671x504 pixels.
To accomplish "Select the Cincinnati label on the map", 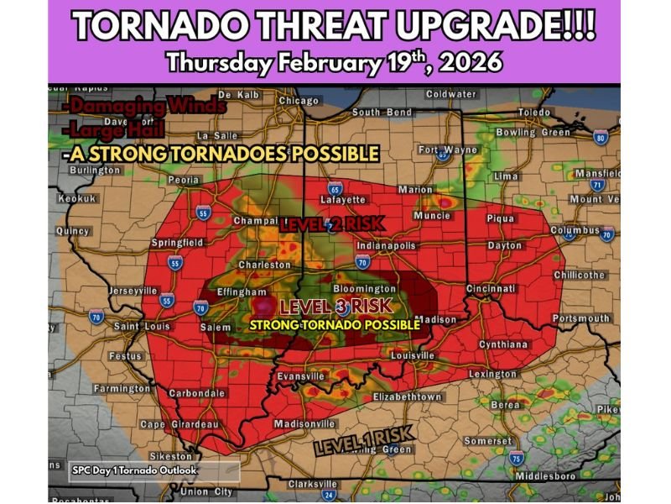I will tap(491, 288).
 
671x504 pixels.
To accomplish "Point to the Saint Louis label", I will tap(141, 326).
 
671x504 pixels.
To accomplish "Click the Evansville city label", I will tap(300, 375).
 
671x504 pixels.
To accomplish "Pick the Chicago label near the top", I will tap(299, 101).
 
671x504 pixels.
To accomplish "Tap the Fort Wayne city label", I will tap(447, 150).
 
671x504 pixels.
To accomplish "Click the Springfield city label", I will tap(177, 242).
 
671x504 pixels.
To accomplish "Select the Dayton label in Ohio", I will tap(503, 245).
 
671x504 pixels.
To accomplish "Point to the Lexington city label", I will tap(492, 373).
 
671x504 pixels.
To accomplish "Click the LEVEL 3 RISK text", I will tap(335, 307).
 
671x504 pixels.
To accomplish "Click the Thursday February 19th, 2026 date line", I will tap(335, 62).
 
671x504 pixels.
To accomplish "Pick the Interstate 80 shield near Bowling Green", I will tap(601, 137).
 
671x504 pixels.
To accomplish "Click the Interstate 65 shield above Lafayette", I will tap(335, 188).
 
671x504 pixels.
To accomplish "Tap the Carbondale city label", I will tap(196, 392).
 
